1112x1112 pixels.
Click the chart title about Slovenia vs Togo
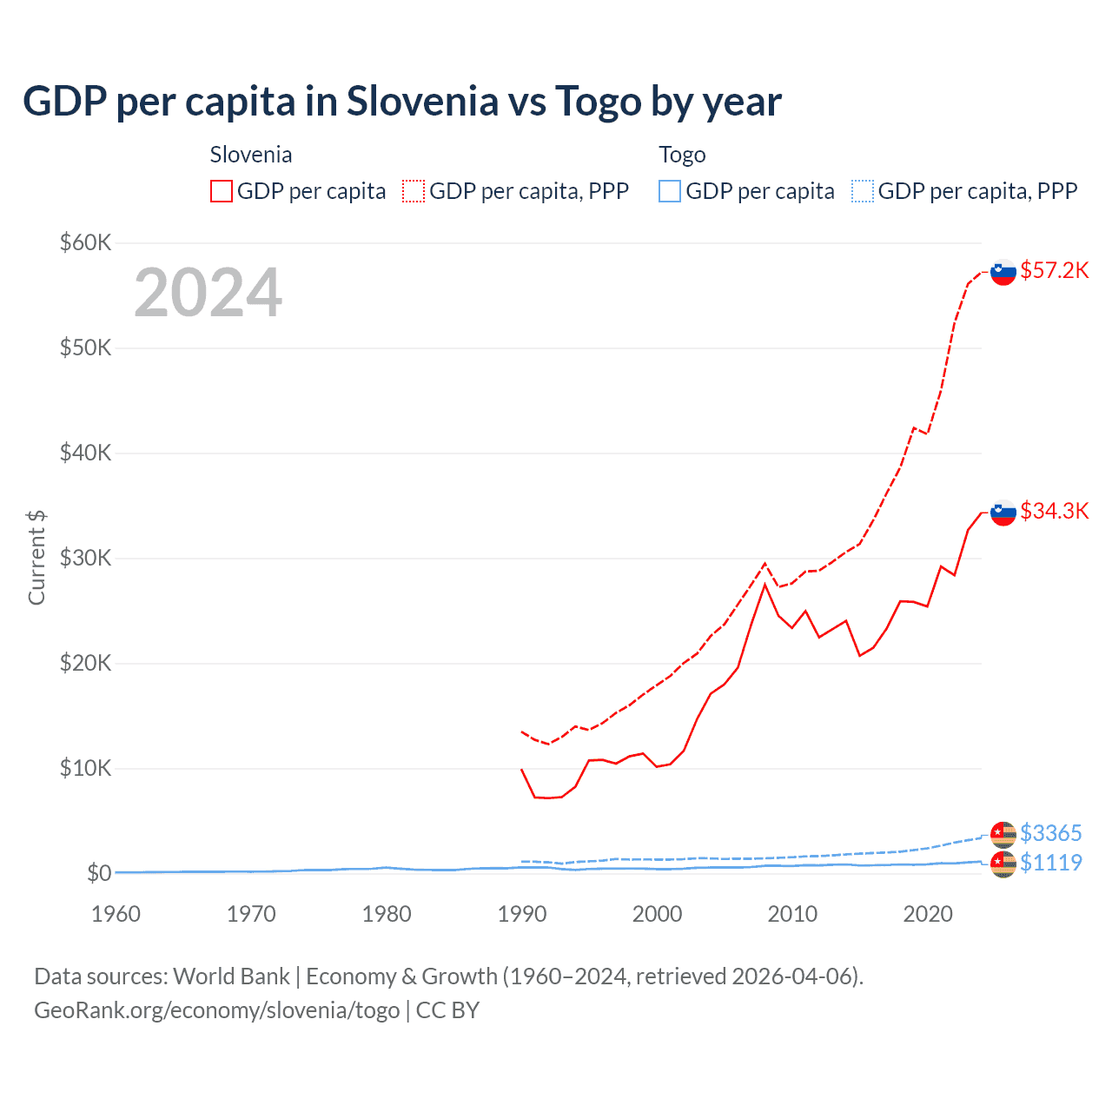point(402,102)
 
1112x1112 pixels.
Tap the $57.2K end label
point(1054,270)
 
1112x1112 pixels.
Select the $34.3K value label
point(1054,511)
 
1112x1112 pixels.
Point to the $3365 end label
point(1050,833)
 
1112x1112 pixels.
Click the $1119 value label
point(1050,863)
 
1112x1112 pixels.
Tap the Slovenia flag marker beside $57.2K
point(1003,272)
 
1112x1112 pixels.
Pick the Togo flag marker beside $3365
point(1003,834)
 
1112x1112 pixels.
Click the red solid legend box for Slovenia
point(222,191)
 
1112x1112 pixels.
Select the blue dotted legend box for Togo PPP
point(863,191)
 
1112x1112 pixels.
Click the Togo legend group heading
point(682,155)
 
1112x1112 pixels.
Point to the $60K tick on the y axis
point(85,242)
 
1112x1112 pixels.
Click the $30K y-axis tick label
point(85,558)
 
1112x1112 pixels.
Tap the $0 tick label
point(98,873)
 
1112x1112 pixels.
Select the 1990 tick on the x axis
point(522,914)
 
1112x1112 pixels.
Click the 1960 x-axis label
point(116,914)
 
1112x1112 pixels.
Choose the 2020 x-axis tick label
point(928,914)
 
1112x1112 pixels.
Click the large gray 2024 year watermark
point(208,293)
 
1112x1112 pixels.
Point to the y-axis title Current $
point(36,558)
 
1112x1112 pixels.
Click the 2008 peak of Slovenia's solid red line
point(764,585)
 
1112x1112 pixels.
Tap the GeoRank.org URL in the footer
point(216,1010)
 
